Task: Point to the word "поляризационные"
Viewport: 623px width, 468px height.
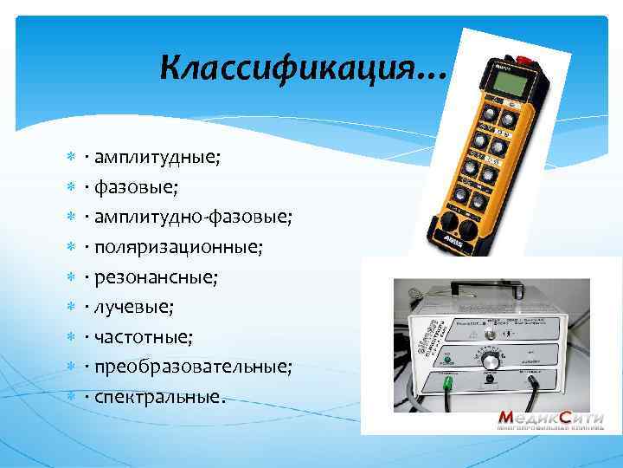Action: point(177,247)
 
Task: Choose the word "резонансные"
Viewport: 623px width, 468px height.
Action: point(156,277)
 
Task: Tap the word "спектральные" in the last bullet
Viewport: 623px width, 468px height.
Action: point(159,397)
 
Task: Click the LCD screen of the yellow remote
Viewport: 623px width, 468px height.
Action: point(516,84)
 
